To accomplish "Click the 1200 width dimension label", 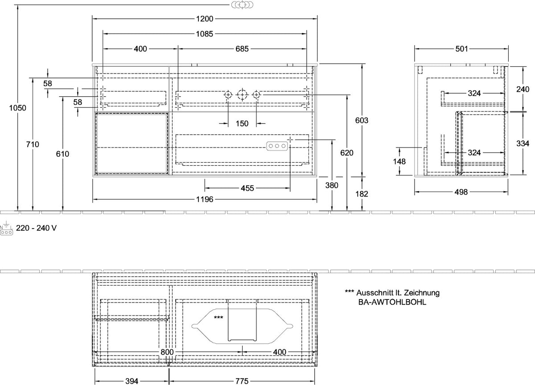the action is coord(205,19).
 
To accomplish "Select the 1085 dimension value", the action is coord(205,34).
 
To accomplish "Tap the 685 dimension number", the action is coord(242,49).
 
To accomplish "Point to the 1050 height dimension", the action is coord(18,108).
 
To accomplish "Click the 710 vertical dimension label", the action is coord(33,144).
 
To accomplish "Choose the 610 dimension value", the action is coord(62,154).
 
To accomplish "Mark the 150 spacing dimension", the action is coord(242,123).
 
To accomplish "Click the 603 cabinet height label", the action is coord(362,120).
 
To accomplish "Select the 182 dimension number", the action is coord(362,194).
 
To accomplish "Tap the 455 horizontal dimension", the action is coord(247,188).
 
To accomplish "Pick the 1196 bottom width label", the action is coord(205,199).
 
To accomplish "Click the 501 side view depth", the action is coord(461,49).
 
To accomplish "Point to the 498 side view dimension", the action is coord(461,192).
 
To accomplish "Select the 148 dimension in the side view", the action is coord(399,162).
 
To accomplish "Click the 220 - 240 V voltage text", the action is coord(36,228).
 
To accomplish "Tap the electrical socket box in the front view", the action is coord(277,146).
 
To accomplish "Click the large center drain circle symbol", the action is coord(242,95).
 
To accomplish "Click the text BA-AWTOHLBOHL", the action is coord(392,302).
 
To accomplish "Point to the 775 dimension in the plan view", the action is coord(242,381).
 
